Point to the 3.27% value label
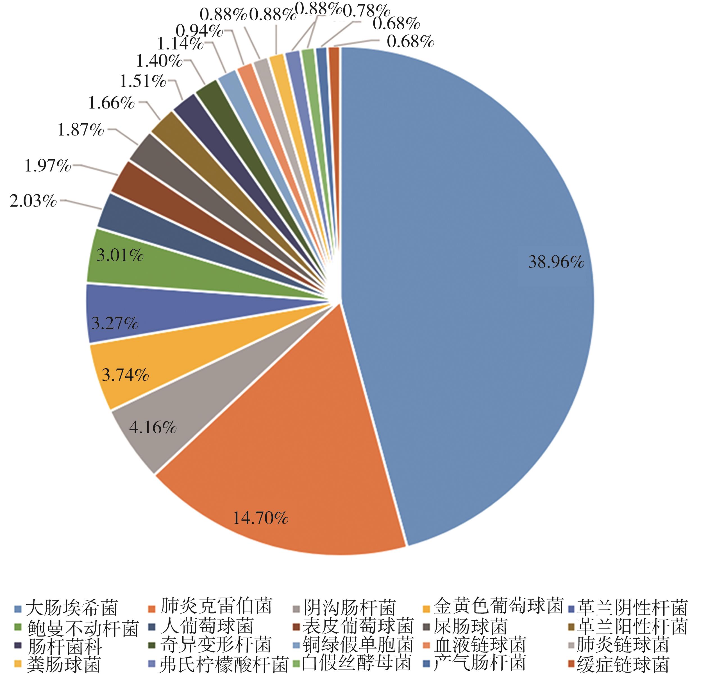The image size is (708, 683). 115,323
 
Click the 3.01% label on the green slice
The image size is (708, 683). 120,256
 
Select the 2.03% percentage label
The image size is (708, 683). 33,201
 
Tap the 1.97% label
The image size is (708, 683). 48,166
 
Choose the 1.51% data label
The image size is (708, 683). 143,81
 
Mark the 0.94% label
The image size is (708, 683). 199,31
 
